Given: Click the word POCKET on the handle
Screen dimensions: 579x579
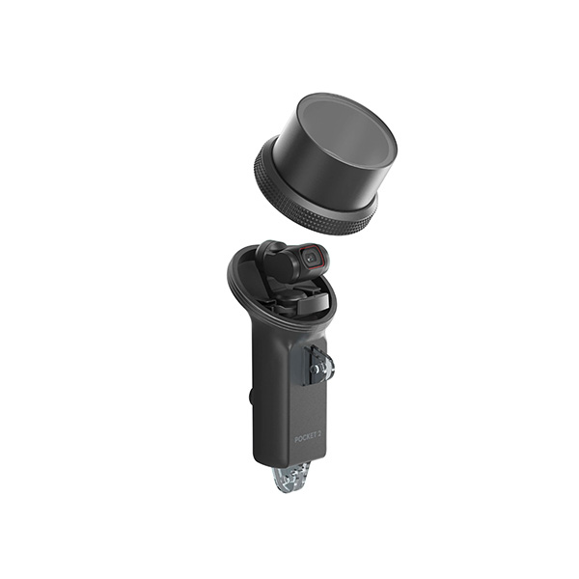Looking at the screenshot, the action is point(306,439).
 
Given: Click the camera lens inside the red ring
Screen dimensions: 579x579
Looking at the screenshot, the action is point(313,257).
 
